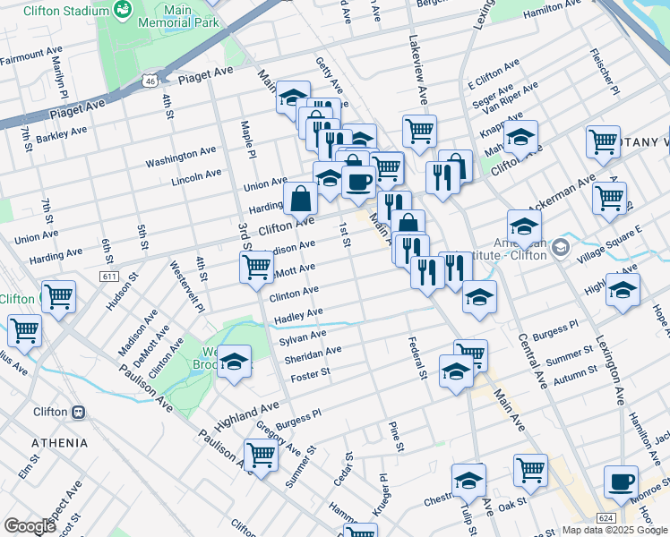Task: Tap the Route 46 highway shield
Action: (x=150, y=81)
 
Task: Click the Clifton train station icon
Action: (x=78, y=413)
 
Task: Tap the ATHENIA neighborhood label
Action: (x=60, y=443)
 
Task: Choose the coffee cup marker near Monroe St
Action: (x=621, y=483)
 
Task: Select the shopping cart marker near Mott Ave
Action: (x=257, y=266)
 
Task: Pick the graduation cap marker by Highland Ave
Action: (x=235, y=362)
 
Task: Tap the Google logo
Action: (x=30, y=526)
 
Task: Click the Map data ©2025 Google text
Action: (x=615, y=530)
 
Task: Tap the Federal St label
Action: (x=417, y=356)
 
